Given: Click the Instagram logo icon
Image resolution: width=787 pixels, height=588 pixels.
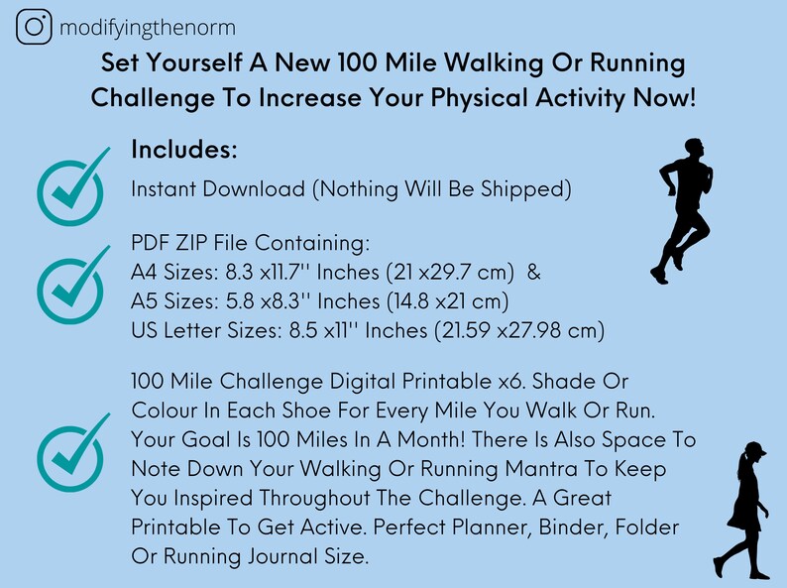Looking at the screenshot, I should (35, 27).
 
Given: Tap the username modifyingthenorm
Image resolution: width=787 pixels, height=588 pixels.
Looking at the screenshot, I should (147, 28).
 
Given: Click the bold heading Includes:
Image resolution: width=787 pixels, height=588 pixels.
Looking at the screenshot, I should (184, 151).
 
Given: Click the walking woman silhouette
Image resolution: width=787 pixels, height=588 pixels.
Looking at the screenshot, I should (744, 512).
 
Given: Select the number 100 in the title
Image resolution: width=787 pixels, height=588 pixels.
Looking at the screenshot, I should (361, 63).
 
